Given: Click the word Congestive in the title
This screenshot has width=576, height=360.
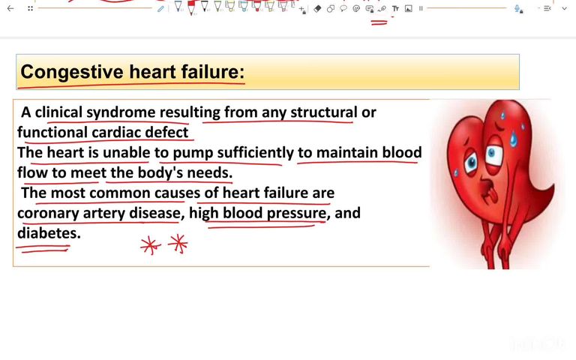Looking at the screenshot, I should tap(61, 73).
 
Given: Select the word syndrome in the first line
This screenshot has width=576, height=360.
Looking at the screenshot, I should tap(121, 112).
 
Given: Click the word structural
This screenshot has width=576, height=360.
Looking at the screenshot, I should tap(323, 112).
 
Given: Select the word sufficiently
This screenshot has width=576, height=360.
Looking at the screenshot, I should tap(255, 153).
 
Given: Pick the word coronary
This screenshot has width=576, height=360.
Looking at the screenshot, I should tap(48, 214).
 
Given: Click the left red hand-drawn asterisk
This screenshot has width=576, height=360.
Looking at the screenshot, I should tap(151, 245).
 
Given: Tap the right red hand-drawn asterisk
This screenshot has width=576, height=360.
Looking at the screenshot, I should tap(178, 243).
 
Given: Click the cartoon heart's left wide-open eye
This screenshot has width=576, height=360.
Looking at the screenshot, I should tap(472, 161).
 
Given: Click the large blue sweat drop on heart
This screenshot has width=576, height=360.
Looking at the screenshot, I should tap(513, 138).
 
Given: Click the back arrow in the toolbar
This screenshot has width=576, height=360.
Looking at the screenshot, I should tap(10, 8).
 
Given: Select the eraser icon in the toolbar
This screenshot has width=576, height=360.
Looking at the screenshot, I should tap(318, 8).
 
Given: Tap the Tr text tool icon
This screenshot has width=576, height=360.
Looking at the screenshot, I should tap(395, 8).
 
